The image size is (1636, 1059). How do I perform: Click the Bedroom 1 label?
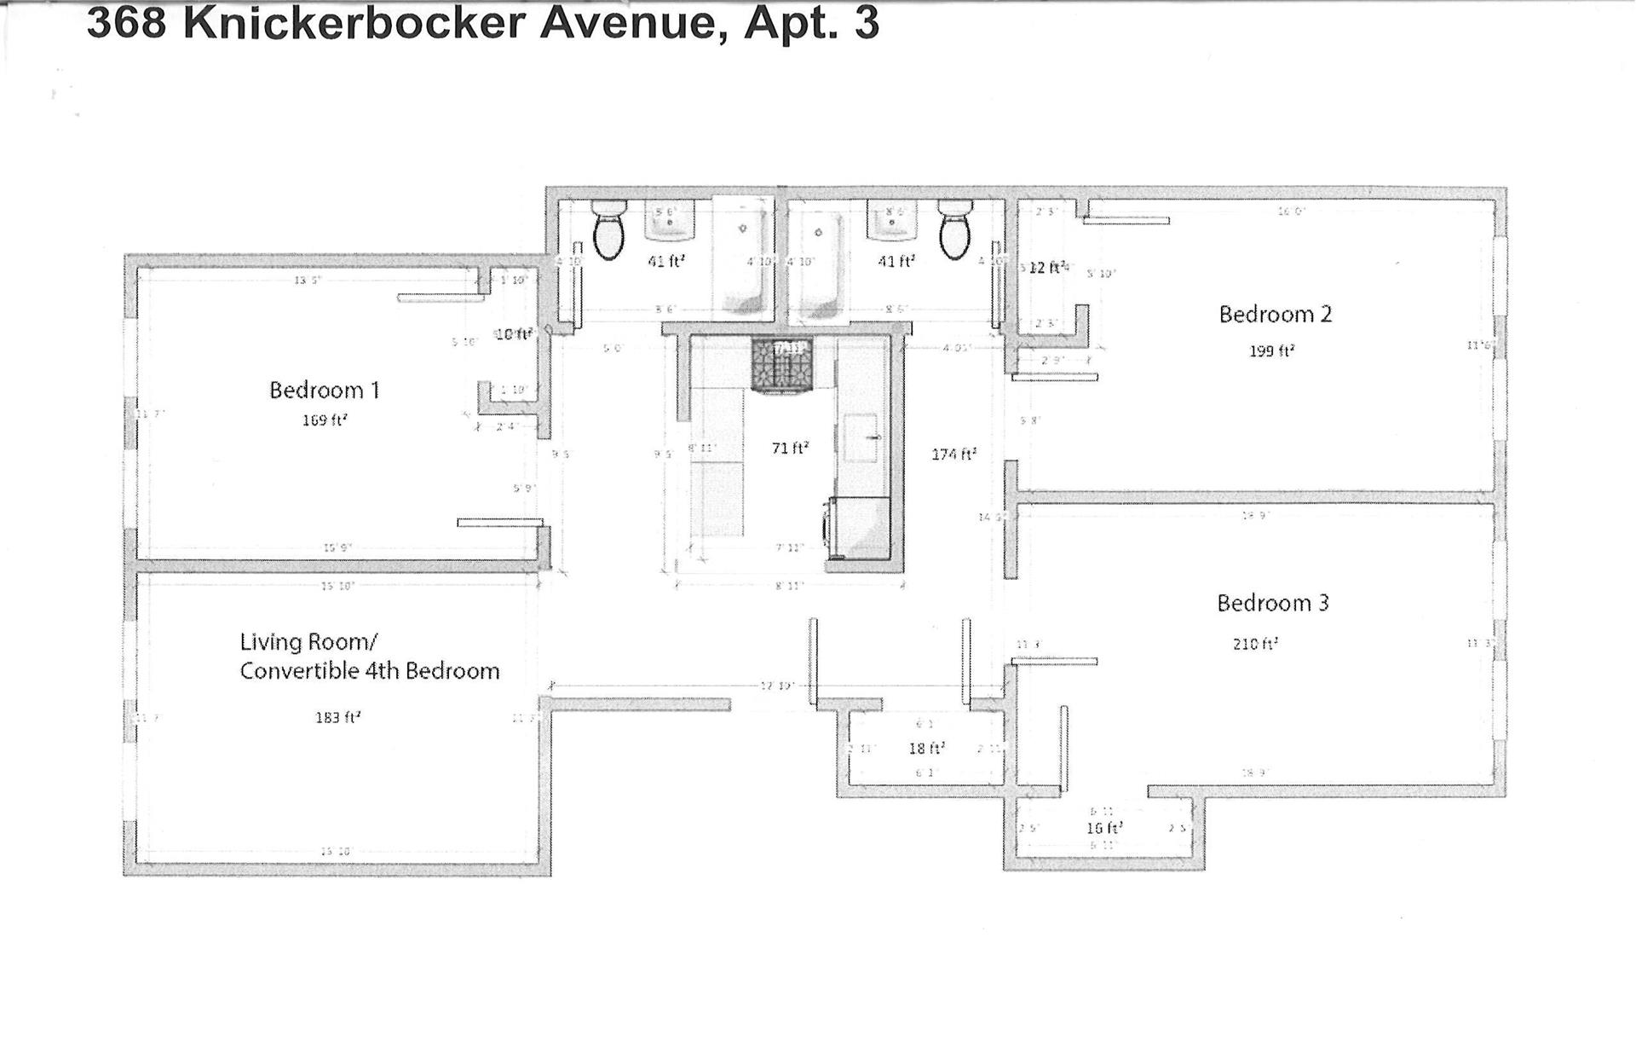click(x=324, y=391)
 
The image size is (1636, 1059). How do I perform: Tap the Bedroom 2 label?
click(x=1275, y=315)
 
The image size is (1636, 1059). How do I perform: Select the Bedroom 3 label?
click(x=1272, y=604)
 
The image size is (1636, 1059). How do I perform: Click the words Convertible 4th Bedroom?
click(x=369, y=671)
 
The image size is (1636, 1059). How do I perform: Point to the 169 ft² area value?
click(x=325, y=420)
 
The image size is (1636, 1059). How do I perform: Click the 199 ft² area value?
click(x=1271, y=350)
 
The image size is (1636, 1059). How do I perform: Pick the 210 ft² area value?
click(x=1255, y=644)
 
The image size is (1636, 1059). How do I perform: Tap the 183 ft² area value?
click(x=337, y=718)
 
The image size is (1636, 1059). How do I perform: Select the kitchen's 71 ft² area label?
click(x=790, y=448)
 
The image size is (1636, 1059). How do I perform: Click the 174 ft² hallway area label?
click(x=953, y=454)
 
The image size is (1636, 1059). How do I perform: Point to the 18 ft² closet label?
click(x=926, y=749)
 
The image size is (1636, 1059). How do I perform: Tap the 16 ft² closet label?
click(x=1103, y=828)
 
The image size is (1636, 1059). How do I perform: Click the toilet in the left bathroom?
click(x=608, y=229)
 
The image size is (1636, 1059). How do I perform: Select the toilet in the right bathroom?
click(x=954, y=229)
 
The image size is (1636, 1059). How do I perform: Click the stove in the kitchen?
click(x=781, y=365)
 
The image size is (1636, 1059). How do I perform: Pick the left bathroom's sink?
click(x=670, y=222)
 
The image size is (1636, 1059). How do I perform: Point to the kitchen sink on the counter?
click(x=862, y=437)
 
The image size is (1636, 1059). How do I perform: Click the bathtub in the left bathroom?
click(x=742, y=256)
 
